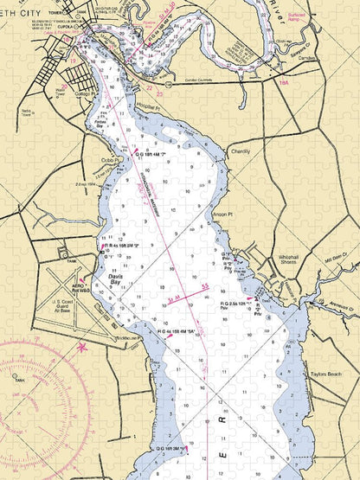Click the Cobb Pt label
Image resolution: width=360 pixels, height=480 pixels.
(108, 161)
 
